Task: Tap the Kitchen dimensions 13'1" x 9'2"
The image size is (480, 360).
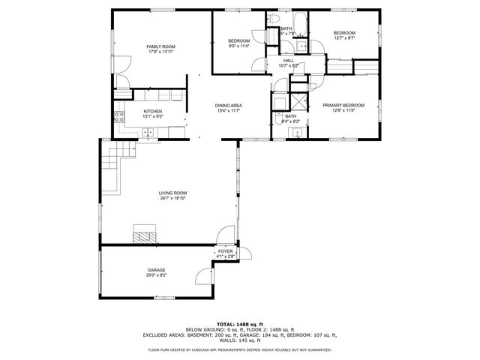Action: pos(153,116)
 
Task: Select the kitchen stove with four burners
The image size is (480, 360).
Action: pos(118,116)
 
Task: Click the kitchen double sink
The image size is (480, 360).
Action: pos(148,133)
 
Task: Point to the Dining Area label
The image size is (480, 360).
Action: pos(227,106)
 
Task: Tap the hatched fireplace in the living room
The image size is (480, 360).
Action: pos(145,235)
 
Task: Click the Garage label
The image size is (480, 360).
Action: pos(156,270)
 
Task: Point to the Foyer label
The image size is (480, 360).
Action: pos(225,252)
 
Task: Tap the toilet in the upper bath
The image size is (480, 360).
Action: pos(275,19)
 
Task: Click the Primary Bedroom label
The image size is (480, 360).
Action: pos(343,106)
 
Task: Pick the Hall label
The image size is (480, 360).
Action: pos(289,61)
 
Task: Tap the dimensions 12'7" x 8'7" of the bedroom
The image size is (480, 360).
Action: pos(343,37)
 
